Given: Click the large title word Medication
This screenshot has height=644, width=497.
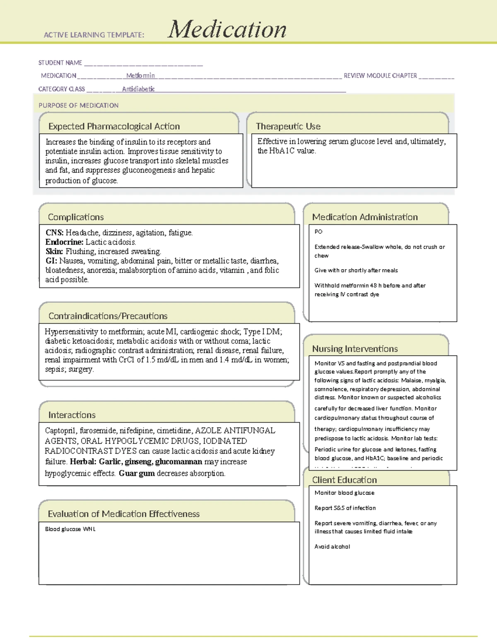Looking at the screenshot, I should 227,29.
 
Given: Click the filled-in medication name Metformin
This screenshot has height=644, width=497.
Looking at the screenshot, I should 140,75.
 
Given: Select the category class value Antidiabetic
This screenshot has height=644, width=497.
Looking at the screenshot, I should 138,89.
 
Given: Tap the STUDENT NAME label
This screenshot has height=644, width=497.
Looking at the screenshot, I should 60,63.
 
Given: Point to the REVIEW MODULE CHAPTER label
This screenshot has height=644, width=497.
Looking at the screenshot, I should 380,75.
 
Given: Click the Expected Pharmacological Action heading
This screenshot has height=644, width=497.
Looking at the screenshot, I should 114,126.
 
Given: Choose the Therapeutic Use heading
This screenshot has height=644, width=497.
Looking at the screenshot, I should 288,126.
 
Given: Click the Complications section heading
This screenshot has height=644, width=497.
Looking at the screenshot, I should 76,217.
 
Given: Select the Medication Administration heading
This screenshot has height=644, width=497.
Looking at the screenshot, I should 365,217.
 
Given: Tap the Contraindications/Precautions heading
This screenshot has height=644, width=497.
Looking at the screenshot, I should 108,316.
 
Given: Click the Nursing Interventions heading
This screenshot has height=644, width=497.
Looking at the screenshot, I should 355,349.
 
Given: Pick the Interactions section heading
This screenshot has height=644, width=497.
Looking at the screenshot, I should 72,415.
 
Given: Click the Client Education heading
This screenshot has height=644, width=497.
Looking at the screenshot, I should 344,480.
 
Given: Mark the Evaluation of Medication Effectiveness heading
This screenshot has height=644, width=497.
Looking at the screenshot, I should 123,514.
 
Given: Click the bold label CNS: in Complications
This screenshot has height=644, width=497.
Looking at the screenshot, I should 54,233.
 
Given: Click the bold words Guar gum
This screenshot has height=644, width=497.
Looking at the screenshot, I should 137,473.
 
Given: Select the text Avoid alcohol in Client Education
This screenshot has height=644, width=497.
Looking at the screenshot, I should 332,547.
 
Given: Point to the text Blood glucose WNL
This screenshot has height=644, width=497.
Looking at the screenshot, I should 70,529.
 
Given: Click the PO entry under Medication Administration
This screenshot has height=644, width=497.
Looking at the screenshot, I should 318,231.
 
